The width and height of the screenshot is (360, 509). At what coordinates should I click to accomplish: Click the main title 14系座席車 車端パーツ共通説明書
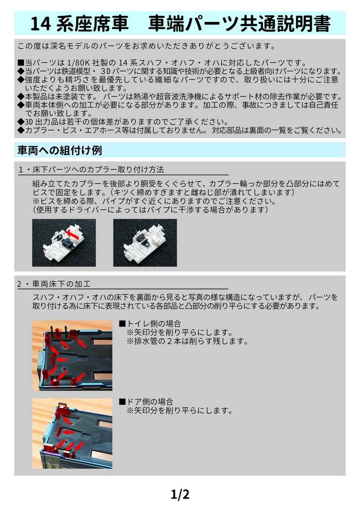tap(180, 24)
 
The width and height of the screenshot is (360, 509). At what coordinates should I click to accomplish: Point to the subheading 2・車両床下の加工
tap(54, 285)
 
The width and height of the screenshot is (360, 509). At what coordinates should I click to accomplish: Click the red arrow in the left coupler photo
tap(74, 233)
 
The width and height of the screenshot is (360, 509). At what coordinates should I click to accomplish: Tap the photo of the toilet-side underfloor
tap(72, 354)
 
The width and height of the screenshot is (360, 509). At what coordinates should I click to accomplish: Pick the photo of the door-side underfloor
tap(72, 433)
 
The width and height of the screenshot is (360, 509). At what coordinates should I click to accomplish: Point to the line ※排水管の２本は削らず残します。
tap(187, 341)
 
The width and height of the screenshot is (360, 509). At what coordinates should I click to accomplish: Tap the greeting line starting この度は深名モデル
tap(146, 47)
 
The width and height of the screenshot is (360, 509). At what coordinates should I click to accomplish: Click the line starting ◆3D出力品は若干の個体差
tap(122, 122)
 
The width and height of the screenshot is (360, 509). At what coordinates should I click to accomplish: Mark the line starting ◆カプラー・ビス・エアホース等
tap(179, 131)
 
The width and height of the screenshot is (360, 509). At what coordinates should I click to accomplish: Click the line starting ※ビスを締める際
tap(154, 201)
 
